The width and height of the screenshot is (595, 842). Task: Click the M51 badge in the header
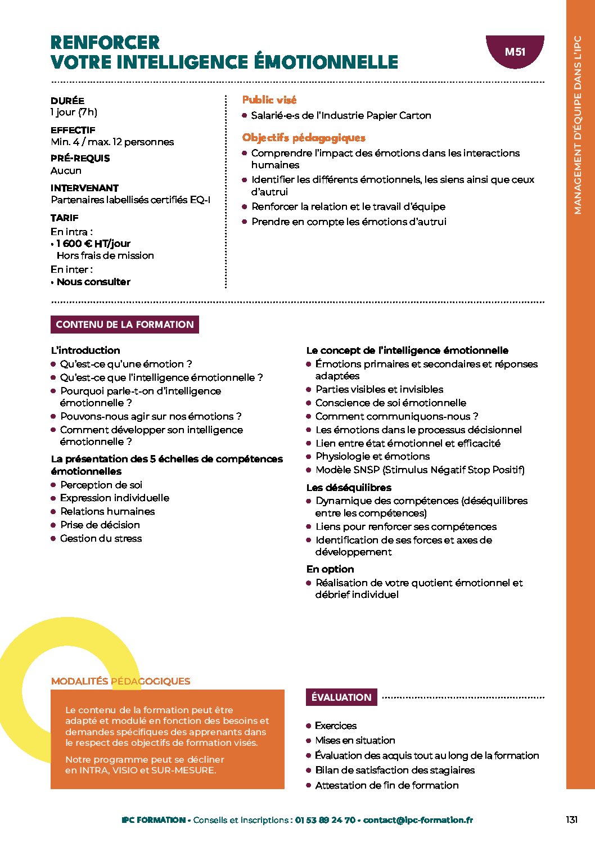pyautogui.click(x=515, y=52)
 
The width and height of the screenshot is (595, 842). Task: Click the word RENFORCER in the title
pyautogui.click(x=105, y=43)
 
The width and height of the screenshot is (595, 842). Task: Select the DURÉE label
pyautogui.click(x=67, y=101)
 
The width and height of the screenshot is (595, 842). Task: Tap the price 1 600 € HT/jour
pyautogui.click(x=93, y=244)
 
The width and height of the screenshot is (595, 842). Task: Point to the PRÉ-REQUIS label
pyautogui.click(x=80, y=159)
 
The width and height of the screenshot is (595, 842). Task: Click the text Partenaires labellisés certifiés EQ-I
pyautogui.click(x=130, y=200)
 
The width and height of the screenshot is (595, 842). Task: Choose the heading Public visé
pyautogui.click(x=269, y=100)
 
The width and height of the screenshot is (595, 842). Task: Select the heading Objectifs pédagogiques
pyautogui.click(x=304, y=138)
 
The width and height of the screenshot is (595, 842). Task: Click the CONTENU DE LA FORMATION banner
pyautogui.click(x=124, y=325)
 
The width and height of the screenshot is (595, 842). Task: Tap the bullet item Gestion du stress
pyautogui.click(x=101, y=538)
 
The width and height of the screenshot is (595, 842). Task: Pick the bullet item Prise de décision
pyautogui.click(x=100, y=525)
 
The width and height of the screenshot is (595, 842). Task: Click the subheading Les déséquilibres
pyautogui.click(x=349, y=488)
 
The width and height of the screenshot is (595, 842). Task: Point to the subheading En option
pyautogui.click(x=330, y=569)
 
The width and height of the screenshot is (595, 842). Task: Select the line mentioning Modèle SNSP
pyautogui.click(x=420, y=470)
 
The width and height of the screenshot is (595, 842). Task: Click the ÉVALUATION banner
pyautogui.click(x=341, y=697)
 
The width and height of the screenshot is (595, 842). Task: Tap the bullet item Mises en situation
pyautogui.click(x=355, y=740)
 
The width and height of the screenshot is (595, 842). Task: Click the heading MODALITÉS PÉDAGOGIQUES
pyautogui.click(x=120, y=681)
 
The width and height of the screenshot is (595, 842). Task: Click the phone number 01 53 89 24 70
pyautogui.click(x=325, y=820)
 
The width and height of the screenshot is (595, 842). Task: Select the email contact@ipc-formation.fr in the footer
pyautogui.click(x=418, y=820)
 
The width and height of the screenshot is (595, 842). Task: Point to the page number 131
pyautogui.click(x=571, y=820)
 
